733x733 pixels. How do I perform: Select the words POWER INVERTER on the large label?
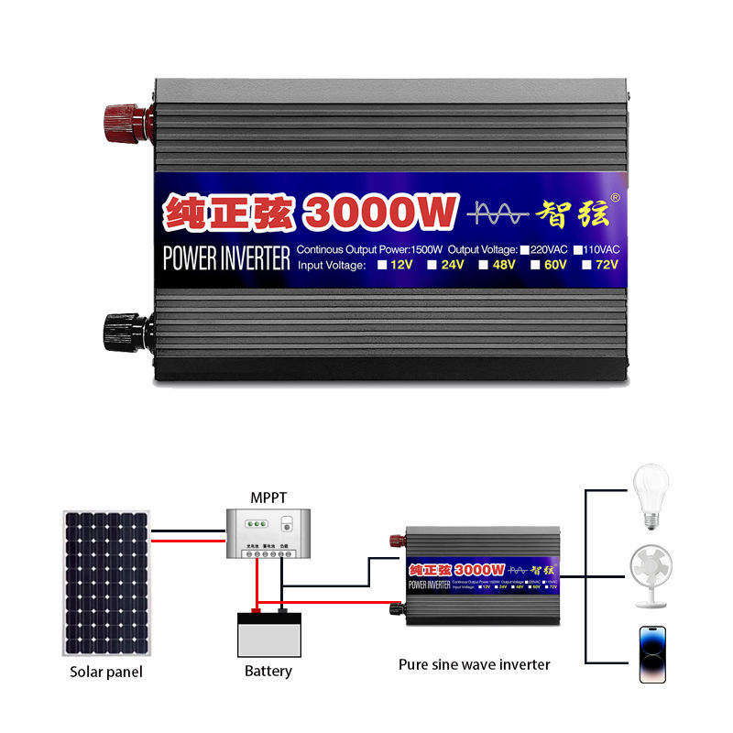(225, 257)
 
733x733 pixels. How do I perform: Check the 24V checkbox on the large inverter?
(430, 266)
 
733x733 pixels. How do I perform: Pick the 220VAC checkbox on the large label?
(524, 248)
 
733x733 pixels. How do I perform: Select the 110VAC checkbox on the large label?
(578, 248)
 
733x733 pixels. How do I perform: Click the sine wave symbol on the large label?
(498, 213)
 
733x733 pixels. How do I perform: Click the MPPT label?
(268, 498)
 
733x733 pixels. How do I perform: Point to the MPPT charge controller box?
(268, 533)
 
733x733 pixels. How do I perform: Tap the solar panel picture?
(104, 584)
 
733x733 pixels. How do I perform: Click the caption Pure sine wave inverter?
(475, 664)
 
